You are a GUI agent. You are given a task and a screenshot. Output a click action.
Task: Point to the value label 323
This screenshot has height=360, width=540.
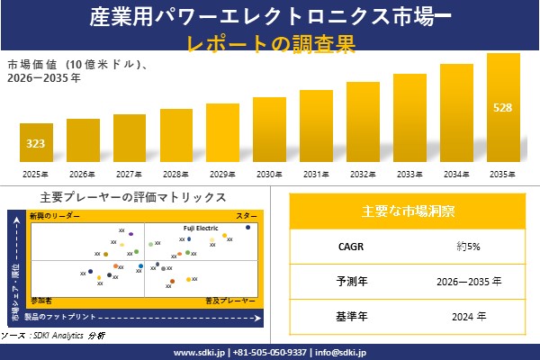[x=36, y=144]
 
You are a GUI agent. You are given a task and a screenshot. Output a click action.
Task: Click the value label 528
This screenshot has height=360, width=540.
[x=503, y=108]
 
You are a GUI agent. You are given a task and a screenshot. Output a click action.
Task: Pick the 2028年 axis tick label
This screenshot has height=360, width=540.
[x=175, y=174]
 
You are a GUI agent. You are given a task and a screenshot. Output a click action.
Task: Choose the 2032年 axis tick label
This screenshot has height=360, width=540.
[x=363, y=174]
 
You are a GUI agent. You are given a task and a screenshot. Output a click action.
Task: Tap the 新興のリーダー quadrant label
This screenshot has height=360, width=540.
[x=55, y=216]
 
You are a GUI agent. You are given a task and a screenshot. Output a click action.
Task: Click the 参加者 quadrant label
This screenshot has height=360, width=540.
[x=41, y=298]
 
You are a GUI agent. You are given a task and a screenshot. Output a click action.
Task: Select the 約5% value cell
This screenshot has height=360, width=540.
[x=466, y=246]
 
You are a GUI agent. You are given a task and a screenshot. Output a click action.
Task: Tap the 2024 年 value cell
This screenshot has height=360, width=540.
[x=466, y=317]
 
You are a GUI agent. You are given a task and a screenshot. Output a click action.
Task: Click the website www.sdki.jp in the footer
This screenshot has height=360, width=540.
[x=200, y=352]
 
